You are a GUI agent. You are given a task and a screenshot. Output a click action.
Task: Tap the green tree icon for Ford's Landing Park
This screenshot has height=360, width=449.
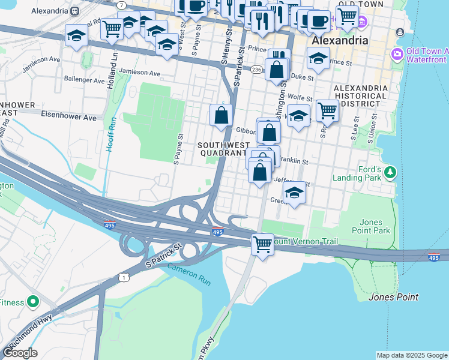click(x=391, y=173)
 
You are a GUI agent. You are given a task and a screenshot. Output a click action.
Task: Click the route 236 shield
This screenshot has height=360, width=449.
click(x=256, y=70)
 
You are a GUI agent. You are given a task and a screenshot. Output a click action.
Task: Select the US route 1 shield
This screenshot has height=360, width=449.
click(x=124, y=277)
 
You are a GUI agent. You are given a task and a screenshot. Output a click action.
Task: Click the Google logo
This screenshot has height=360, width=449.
click(x=20, y=353)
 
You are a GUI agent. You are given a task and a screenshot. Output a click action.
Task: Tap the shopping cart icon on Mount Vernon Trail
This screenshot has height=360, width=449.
click(x=262, y=244)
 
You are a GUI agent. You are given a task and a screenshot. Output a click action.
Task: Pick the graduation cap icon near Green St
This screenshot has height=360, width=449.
click(x=294, y=193)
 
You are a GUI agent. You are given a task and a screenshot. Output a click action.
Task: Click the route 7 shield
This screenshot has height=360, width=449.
click(x=122, y=5)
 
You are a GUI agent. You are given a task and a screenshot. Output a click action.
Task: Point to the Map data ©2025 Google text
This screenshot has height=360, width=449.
click(x=412, y=355)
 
